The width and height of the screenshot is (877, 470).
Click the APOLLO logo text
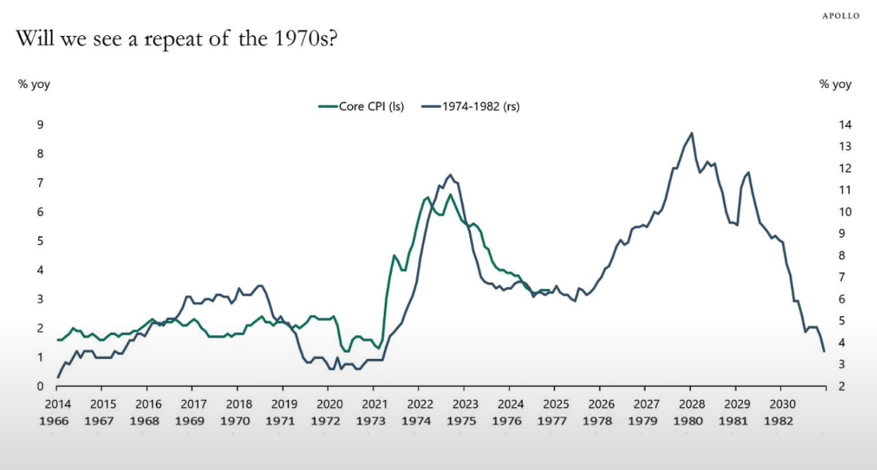[x=841, y=16]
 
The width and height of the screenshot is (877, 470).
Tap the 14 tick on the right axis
[x=845, y=124]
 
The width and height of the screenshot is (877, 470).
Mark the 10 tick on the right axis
[x=845, y=211]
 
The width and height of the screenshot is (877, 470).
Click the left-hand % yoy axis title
[x=34, y=84]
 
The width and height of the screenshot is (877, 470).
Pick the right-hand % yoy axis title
[x=836, y=84]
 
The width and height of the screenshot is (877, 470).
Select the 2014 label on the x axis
[x=58, y=404]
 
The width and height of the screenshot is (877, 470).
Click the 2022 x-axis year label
[x=420, y=404]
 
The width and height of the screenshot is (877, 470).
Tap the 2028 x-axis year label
[x=691, y=404]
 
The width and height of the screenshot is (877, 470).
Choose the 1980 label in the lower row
[x=691, y=421]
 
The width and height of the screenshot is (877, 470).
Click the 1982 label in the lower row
[x=781, y=421]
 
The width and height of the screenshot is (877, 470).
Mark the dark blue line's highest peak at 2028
[x=691, y=133]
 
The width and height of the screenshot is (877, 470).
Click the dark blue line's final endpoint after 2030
[x=824, y=351]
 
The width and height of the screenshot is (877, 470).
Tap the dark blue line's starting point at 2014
[x=58, y=377]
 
